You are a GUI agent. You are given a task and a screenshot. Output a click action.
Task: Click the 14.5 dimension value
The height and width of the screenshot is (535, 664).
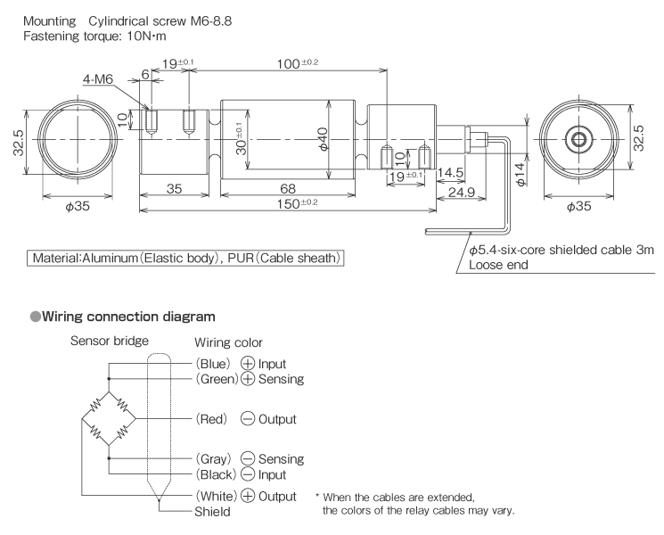(449, 172)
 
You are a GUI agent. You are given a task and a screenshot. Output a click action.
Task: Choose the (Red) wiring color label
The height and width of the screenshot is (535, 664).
(216, 418)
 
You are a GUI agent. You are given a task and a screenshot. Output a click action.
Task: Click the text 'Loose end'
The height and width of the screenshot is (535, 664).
(498, 265)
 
